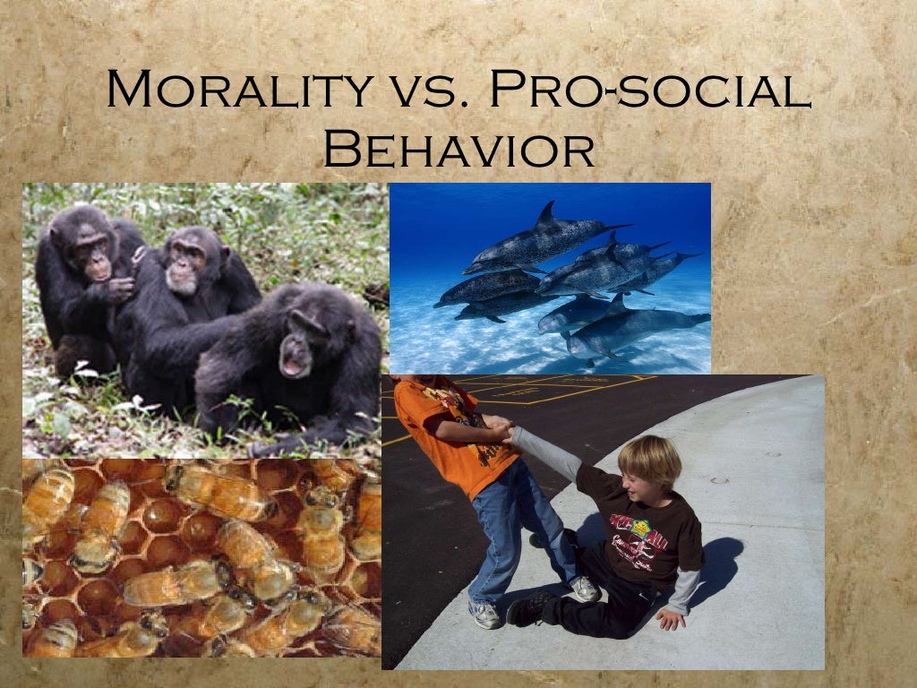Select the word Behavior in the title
[458, 150]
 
